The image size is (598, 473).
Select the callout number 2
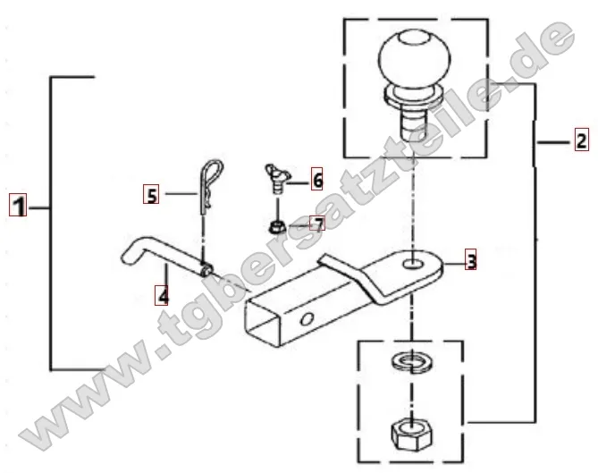click(x=580, y=139)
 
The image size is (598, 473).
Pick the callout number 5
click(x=152, y=193)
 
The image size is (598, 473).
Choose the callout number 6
click(x=316, y=181)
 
